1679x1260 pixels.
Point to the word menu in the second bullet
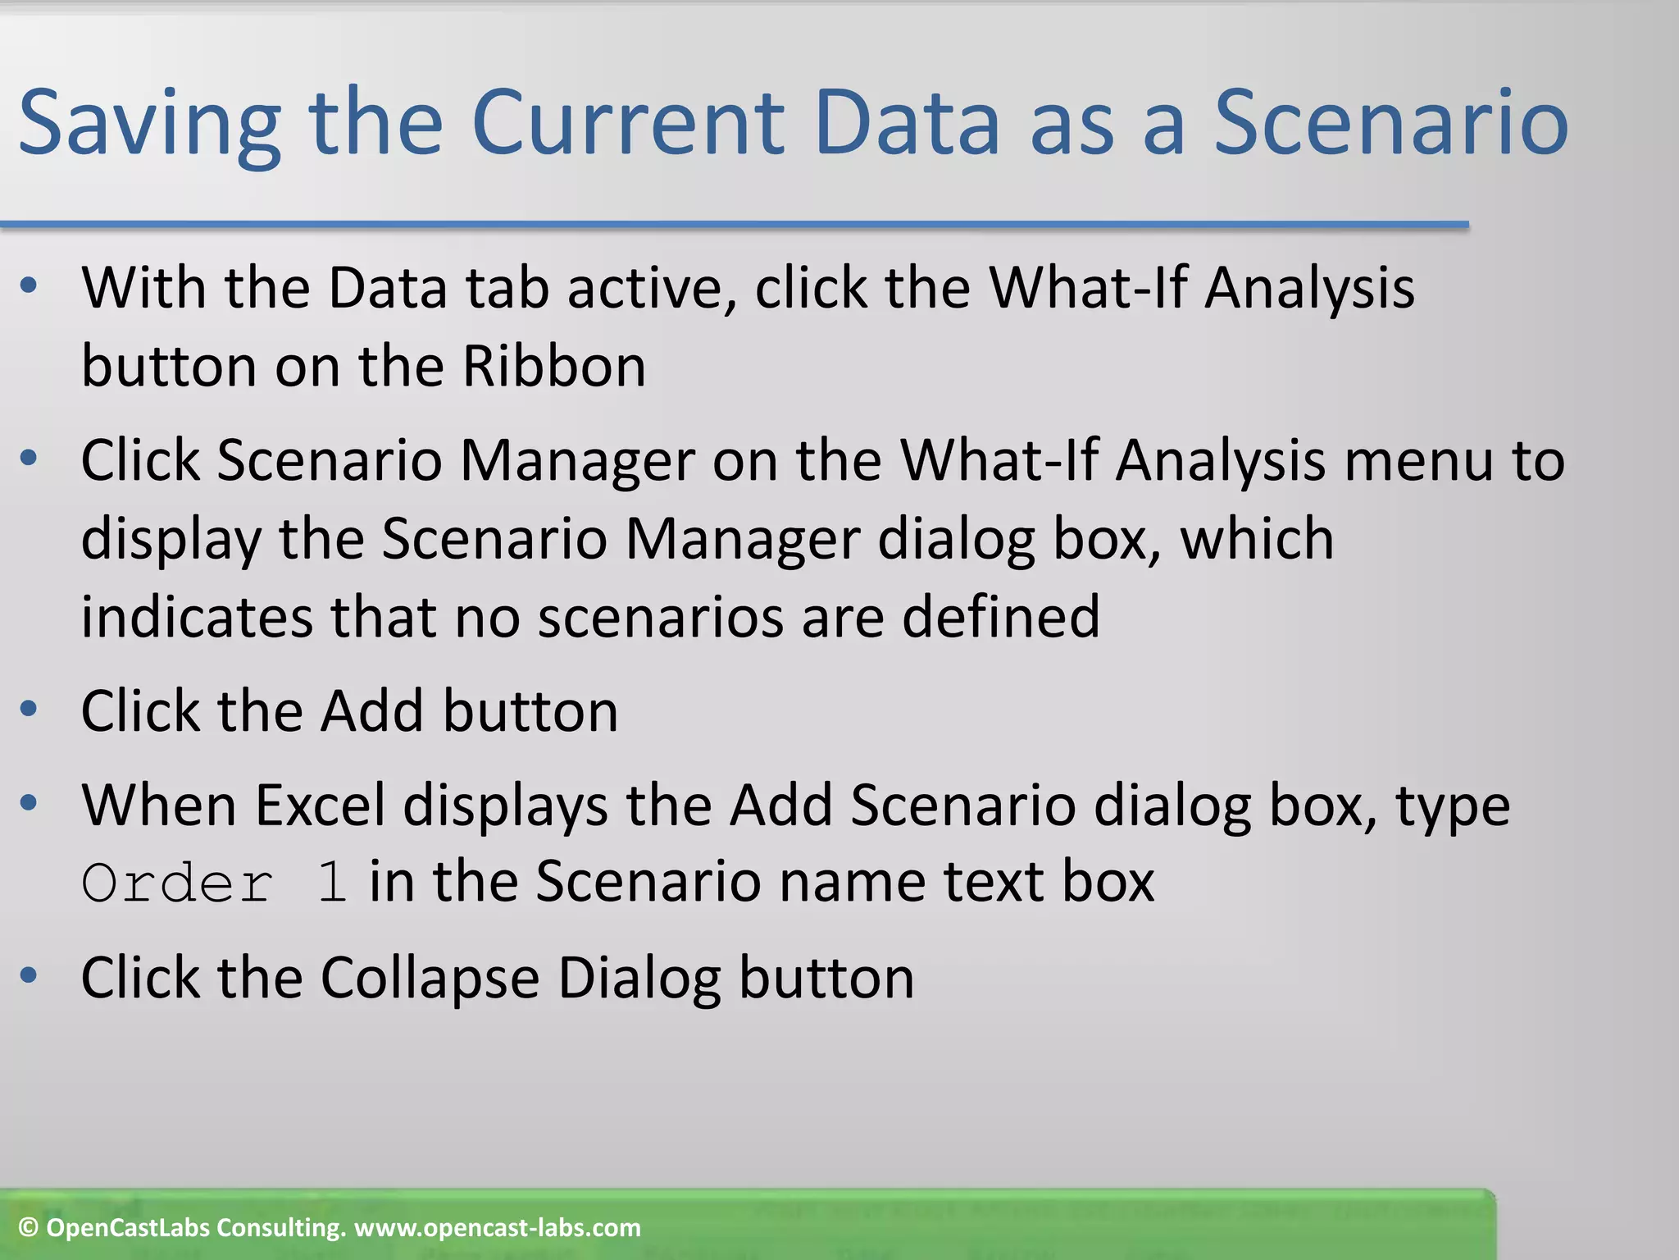[1418, 460]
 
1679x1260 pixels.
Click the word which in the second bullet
[1257, 539]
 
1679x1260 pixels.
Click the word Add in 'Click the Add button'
[371, 710]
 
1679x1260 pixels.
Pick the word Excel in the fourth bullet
[320, 805]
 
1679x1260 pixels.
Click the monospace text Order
[177, 883]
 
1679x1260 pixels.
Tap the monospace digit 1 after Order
[332, 883]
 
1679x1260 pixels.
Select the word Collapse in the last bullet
[430, 978]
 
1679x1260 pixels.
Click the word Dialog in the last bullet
[639, 978]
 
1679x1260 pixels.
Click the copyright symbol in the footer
[29, 1228]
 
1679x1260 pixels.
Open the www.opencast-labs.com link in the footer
[498, 1228]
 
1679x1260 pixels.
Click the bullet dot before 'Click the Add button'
[30, 709]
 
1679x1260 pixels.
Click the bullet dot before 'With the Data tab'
[30, 286]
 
